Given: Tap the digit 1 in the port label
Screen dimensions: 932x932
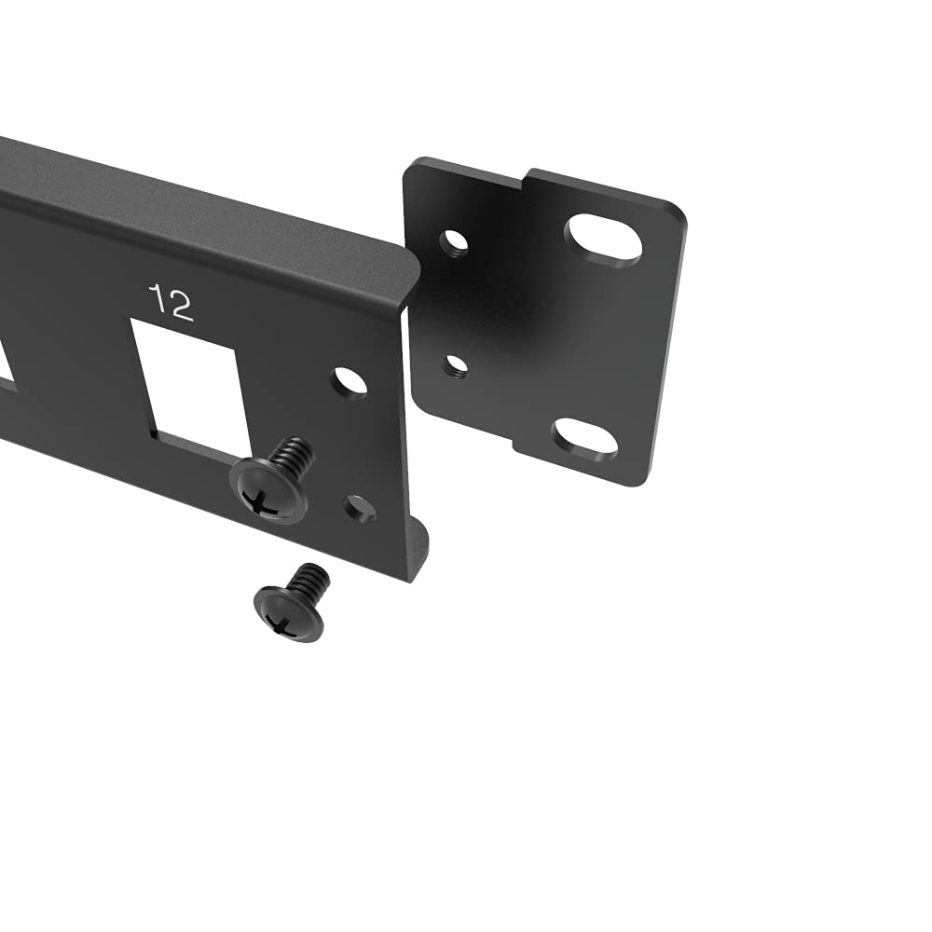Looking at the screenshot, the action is click(x=158, y=298).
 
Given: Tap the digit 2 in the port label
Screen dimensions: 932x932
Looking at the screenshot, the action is click(x=182, y=306).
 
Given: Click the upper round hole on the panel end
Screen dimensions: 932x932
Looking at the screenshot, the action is click(x=349, y=382).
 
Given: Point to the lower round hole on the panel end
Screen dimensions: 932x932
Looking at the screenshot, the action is click(x=359, y=508).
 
